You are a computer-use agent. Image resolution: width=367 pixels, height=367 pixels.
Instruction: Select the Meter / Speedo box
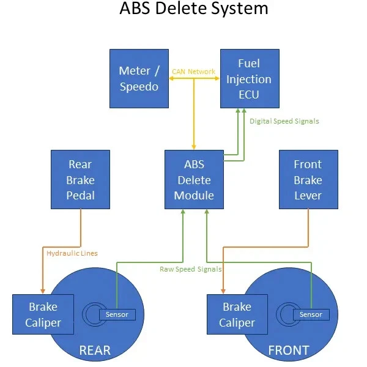(138, 78)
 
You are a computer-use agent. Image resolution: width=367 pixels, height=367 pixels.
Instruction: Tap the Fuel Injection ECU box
(248, 78)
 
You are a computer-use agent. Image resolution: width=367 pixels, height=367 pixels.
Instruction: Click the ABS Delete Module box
(194, 180)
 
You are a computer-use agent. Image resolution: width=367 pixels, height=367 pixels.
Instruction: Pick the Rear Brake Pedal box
(80, 180)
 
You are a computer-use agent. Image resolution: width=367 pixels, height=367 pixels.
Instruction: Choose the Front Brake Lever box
(308, 180)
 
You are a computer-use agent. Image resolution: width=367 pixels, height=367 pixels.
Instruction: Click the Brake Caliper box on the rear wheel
(43, 314)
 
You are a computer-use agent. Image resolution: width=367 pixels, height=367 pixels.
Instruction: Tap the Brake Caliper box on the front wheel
(237, 314)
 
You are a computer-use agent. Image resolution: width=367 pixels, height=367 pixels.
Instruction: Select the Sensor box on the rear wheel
(117, 314)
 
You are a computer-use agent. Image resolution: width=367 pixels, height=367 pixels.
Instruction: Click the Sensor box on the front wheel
(310, 314)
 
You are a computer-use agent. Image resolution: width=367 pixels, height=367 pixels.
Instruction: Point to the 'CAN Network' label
(193, 72)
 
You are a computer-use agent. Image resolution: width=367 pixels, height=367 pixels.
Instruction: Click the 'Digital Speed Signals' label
(284, 121)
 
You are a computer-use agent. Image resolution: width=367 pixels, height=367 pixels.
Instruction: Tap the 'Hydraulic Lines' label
(72, 253)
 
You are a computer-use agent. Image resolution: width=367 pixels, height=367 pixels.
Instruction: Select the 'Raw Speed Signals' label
(190, 269)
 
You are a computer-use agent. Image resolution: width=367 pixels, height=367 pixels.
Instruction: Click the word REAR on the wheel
(95, 350)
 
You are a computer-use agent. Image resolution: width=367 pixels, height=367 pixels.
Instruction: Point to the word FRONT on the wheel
(289, 350)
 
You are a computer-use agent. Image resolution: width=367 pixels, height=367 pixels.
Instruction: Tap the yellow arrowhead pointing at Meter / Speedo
(169, 78)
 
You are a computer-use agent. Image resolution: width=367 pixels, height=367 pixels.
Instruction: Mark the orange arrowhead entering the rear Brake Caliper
(42, 291)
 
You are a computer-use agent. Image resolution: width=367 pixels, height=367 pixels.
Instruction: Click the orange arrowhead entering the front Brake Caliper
(222, 291)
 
